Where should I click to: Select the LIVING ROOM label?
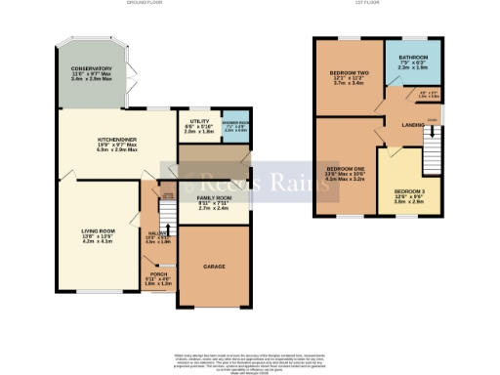98,235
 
